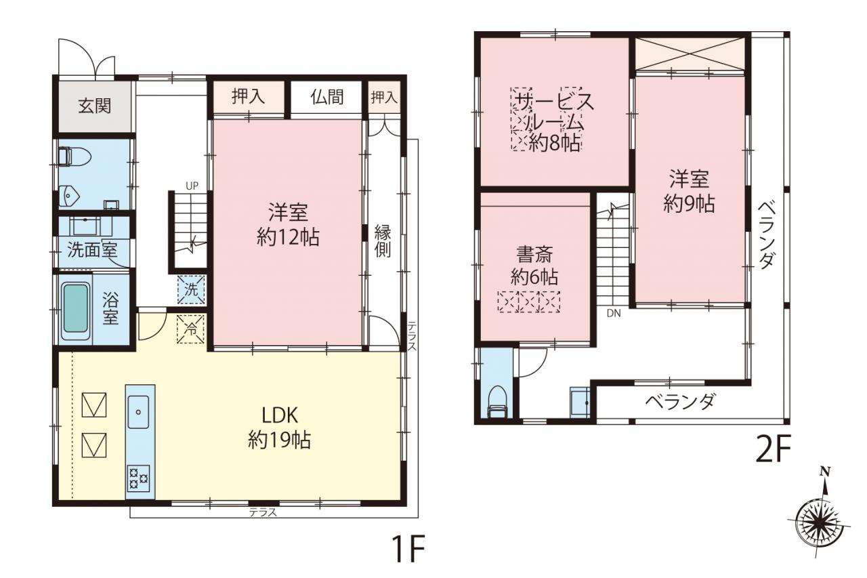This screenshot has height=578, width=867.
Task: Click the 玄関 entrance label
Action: pos(94,106)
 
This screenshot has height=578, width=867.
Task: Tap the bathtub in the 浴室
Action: pos(75,308)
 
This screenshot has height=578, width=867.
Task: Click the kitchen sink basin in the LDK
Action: pos(138,412)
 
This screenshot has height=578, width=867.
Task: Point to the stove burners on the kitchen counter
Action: pos(139,478)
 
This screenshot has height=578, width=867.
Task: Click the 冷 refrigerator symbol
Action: pos(190,329)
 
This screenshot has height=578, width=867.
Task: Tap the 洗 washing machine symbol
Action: pos(191,289)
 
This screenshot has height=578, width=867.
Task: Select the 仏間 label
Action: pos(326,97)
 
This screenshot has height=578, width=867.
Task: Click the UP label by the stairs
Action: pos(192,186)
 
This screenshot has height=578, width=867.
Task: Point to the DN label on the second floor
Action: pos(614,314)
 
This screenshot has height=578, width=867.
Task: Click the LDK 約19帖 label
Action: pos(280,428)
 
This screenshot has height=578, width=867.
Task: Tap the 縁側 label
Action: pos(383,241)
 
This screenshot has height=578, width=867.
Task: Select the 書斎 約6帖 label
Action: pos(534,265)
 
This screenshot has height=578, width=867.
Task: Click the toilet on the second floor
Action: pos(497,401)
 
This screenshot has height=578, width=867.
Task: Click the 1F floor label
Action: pos(408,549)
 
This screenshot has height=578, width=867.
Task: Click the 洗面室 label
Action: pos(92,250)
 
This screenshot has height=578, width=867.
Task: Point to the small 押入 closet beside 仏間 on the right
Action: pos(384,97)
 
